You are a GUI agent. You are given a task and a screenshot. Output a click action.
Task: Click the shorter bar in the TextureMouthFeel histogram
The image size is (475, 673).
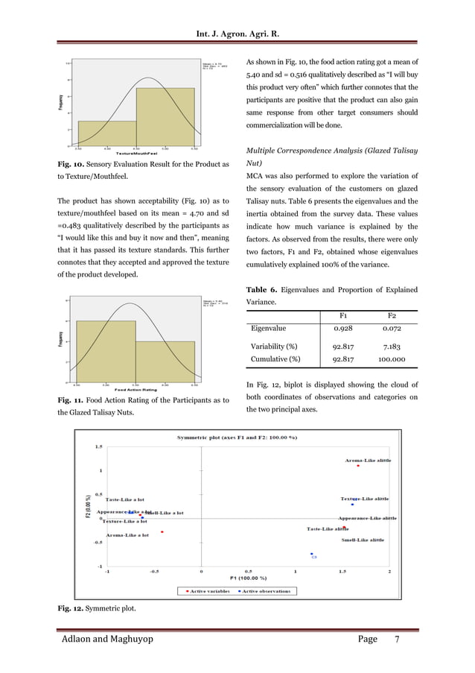[x=106, y=133]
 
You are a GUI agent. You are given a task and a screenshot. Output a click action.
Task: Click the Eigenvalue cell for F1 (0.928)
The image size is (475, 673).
[x=342, y=327]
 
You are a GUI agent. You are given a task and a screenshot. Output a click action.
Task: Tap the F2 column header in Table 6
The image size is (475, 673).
[x=392, y=315]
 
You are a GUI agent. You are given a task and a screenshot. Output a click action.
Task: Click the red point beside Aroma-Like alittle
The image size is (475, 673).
[x=358, y=467]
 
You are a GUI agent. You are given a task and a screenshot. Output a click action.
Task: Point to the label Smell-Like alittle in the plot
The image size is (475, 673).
[x=363, y=539]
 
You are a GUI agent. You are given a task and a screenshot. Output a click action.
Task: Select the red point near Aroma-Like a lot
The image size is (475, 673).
[x=162, y=532]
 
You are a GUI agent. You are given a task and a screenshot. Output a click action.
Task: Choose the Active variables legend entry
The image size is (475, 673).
[x=208, y=591]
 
